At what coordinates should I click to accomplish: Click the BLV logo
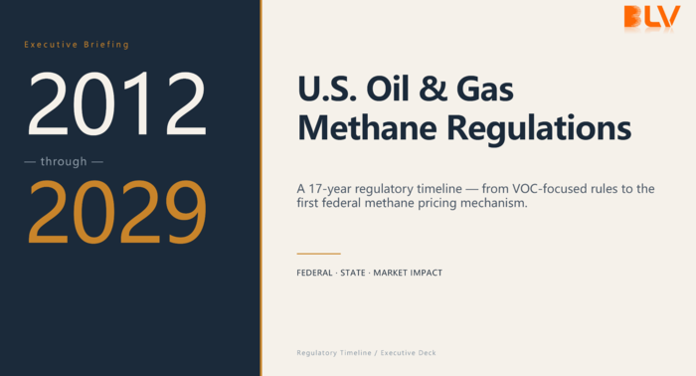click(651, 17)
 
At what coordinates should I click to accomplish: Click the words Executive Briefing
click(77, 45)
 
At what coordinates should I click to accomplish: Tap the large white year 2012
click(117, 103)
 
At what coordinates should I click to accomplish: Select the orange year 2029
click(117, 212)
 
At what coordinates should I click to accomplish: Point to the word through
click(64, 161)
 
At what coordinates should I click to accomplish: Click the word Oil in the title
click(387, 89)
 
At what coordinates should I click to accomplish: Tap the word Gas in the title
click(485, 89)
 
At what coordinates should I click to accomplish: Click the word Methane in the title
click(367, 128)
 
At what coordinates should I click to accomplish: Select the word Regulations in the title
click(539, 128)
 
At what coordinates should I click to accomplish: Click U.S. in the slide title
click(327, 89)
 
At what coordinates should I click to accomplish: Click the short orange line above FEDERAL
click(319, 254)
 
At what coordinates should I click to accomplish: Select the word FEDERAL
click(314, 273)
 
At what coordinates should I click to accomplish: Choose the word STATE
click(353, 273)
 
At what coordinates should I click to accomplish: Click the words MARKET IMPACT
click(408, 273)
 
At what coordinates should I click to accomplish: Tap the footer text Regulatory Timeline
click(334, 353)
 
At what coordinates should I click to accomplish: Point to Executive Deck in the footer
click(408, 353)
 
